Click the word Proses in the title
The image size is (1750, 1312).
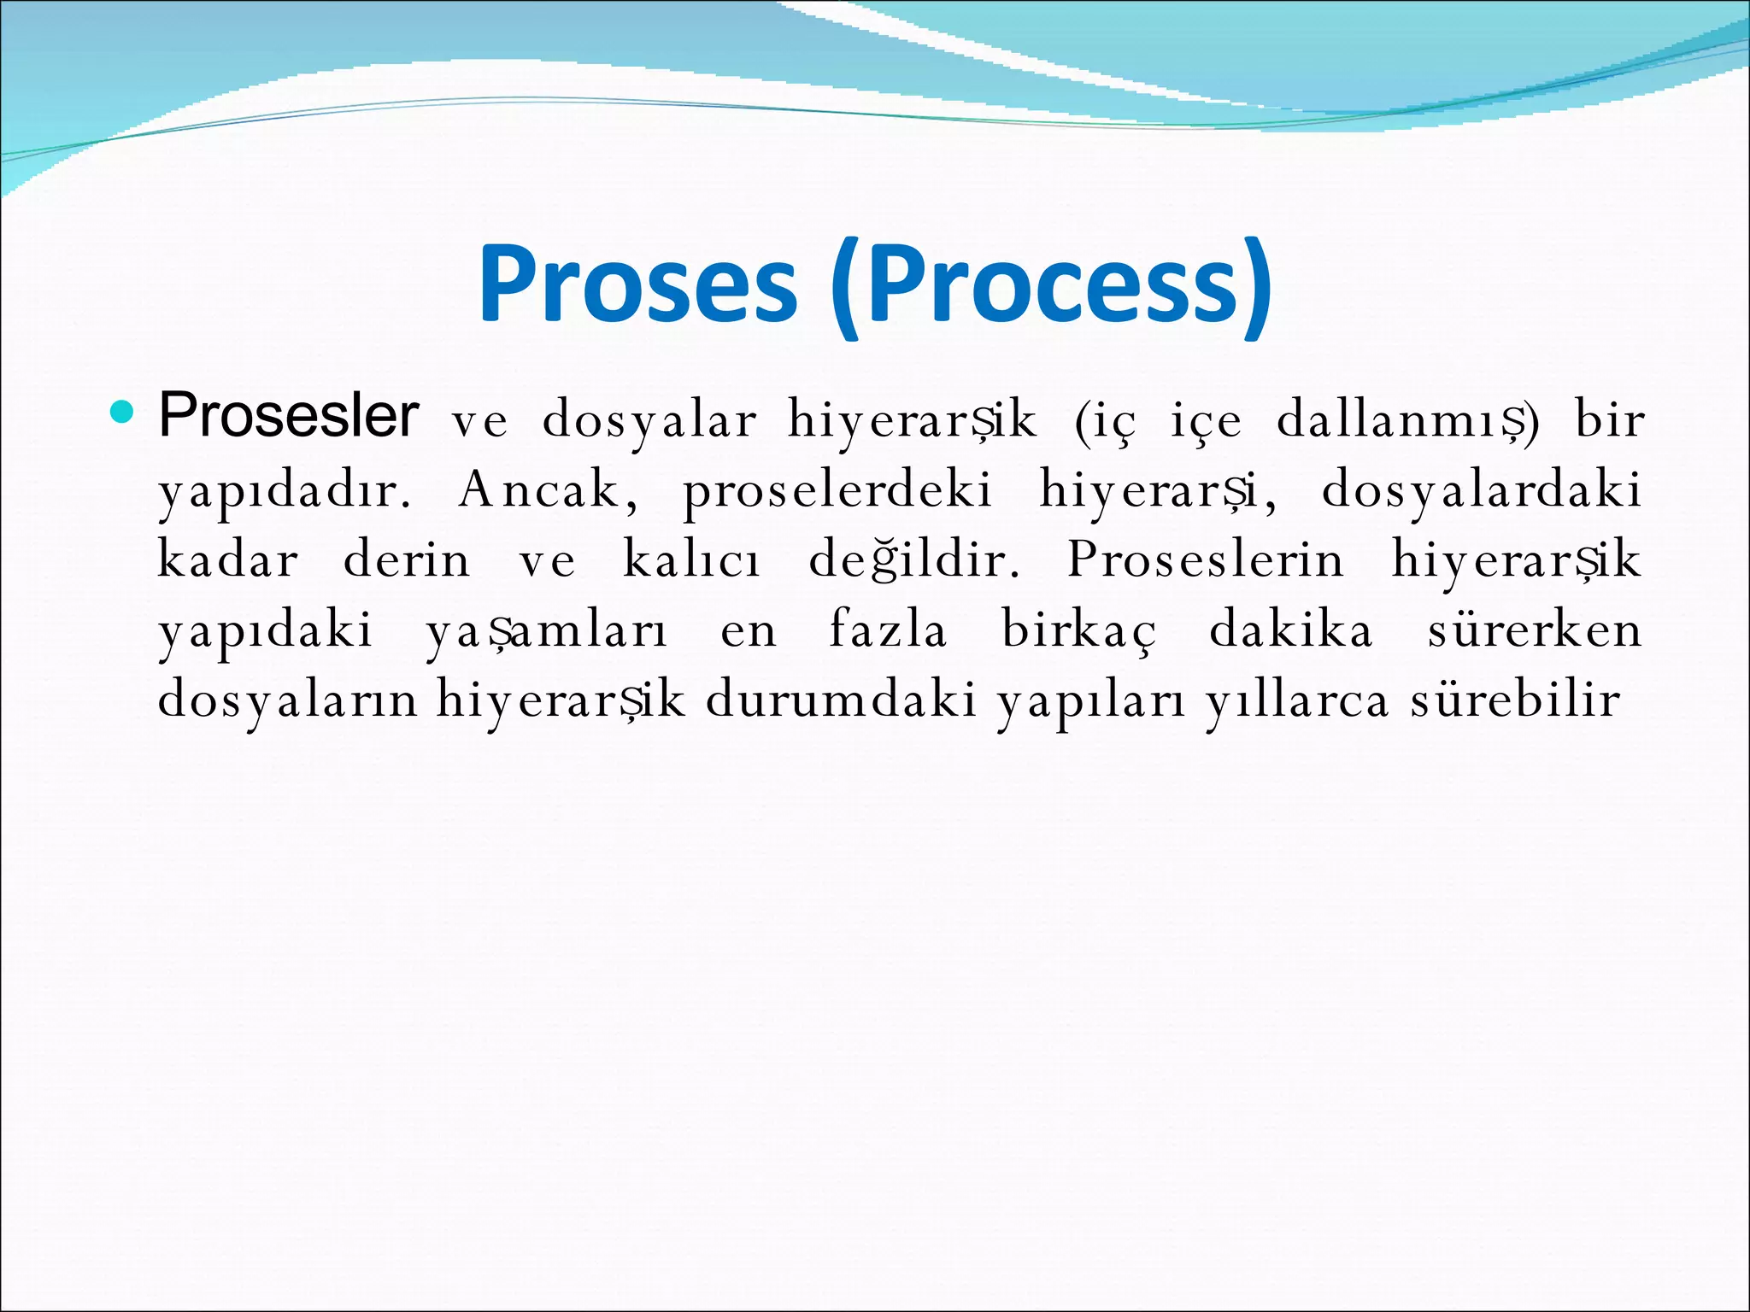(638, 284)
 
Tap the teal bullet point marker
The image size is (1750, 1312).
(123, 413)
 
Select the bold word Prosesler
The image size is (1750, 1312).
(289, 416)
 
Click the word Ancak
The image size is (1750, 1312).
(547, 491)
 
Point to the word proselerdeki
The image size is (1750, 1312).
(837, 491)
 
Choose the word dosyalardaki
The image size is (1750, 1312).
(1481, 491)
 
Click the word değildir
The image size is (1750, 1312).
(914, 561)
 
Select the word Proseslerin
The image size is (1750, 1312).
(1206, 561)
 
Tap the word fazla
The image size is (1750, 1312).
(889, 631)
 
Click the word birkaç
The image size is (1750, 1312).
(1079, 631)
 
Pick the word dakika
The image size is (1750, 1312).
(1291, 631)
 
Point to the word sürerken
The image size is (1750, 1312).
(1535, 631)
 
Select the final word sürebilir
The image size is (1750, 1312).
(1514, 701)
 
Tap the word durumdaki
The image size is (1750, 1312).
(841, 701)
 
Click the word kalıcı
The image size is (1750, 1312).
(691, 561)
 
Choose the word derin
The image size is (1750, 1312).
(407, 561)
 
